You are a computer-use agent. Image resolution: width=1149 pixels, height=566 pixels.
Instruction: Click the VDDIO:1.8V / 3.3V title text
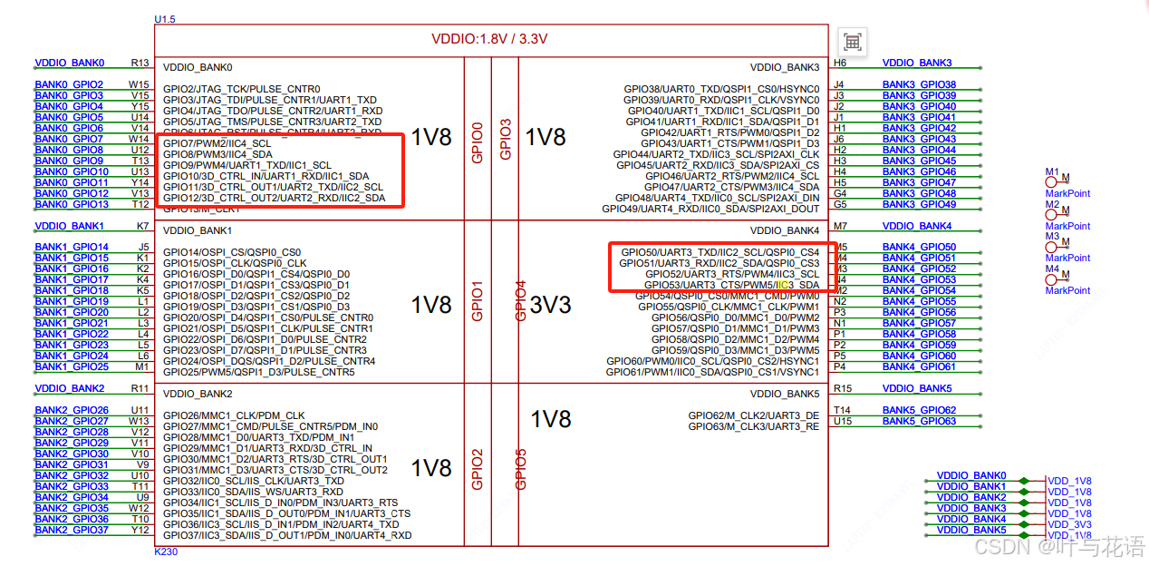pos(489,39)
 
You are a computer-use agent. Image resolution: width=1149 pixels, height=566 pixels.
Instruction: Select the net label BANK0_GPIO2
pos(69,84)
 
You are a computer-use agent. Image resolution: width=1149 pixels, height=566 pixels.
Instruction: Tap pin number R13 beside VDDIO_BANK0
pos(140,63)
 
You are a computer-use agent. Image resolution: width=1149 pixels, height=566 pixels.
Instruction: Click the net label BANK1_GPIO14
pos(72,247)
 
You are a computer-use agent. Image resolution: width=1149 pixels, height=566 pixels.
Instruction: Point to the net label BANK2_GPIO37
pos(72,530)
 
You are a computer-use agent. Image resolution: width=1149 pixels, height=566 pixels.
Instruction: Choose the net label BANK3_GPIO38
pos(919,84)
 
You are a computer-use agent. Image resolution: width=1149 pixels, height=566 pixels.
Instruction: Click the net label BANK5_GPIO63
pos(919,421)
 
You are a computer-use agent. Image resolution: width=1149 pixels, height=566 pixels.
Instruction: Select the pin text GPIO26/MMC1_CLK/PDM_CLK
pos(234,415)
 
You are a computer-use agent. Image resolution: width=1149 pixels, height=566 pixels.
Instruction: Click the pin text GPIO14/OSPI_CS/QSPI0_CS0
pos(232,252)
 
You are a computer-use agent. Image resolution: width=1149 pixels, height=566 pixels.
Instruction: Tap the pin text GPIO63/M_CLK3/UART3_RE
pos(753,426)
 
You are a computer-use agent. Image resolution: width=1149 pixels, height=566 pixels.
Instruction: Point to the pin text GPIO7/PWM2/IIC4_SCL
pos(217,143)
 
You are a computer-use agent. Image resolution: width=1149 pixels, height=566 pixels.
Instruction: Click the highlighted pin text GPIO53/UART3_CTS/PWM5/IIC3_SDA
pos(731,285)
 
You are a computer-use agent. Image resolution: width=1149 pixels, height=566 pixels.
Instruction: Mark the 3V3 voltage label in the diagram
pos(551,305)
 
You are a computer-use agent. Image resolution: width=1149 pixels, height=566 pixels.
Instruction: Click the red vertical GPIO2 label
pos(478,469)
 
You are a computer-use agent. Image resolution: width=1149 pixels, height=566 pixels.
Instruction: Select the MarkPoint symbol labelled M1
pos(1053,180)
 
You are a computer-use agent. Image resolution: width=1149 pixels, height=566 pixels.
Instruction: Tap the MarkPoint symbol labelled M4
pos(1053,277)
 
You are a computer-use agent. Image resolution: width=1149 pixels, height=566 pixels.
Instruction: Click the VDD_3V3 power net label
pos(1069,524)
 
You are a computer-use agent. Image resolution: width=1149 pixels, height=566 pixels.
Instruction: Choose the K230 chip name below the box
pos(168,551)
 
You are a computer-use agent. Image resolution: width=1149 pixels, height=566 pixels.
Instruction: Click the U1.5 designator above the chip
pos(165,19)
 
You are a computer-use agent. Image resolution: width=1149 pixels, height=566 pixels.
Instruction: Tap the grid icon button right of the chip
pos(852,42)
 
